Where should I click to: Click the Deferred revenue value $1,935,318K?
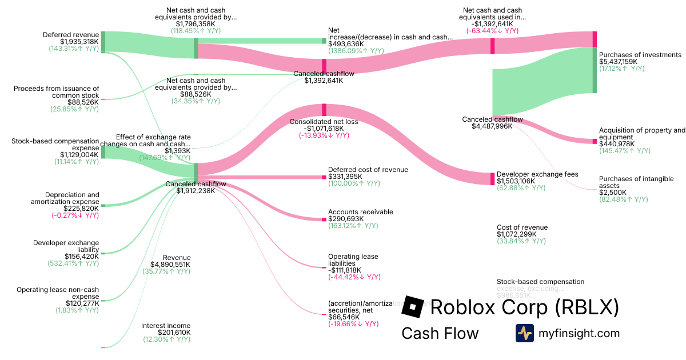click(x=79, y=42)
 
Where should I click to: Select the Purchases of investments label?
click(x=640, y=55)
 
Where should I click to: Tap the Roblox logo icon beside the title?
click(x=412, y=307)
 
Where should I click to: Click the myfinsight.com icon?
click(x=524, y=333)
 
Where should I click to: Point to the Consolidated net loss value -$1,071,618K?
click(x=324, y=129)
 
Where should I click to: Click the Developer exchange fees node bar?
click(x=492, y=178)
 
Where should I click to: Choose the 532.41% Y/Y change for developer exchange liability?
click(x=73, y=264)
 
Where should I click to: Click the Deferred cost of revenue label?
click(x=368, y=170)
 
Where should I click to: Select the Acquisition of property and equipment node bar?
click(x=595, y=141)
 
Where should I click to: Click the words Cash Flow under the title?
click(x=440, y=333)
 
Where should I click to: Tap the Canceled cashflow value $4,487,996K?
click(x=492, y=126)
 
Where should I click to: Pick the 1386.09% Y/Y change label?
click(x=356, y=51)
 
